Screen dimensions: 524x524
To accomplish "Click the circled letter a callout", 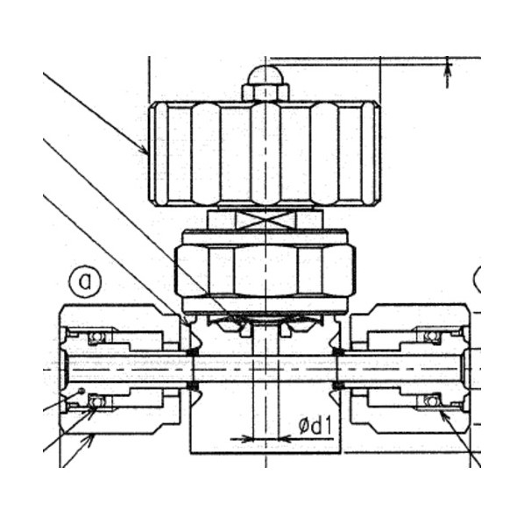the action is tap(85, 281).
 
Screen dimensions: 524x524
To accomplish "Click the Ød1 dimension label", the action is tap(315, 427).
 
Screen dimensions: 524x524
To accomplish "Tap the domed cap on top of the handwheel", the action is tap(266, 74).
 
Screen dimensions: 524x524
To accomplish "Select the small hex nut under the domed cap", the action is tap(266, 93).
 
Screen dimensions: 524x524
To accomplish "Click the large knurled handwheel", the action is tap(265, 153).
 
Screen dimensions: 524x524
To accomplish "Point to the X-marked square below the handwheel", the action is tap(266, 220).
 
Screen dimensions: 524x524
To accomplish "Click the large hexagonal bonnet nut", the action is tap(266, 271).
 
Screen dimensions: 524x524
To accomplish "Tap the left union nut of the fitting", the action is tap(120, 369).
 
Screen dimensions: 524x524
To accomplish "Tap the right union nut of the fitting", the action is tap(409, 369).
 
